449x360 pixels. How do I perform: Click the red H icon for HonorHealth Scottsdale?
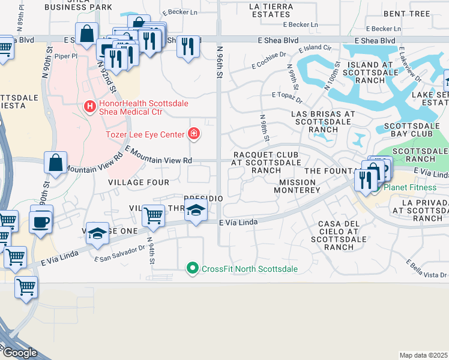coord(90,107)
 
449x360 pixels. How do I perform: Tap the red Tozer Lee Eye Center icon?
coord(194,133)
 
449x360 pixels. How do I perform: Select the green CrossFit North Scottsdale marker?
coord(193,268)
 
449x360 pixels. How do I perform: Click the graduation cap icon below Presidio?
coord(195,211)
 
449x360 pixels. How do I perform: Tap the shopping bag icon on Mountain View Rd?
coord(56,162)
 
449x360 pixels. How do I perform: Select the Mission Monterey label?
coord(297,185)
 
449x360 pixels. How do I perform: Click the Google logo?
coord(19,353)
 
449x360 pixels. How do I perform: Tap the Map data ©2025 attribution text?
coord(424,355)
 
